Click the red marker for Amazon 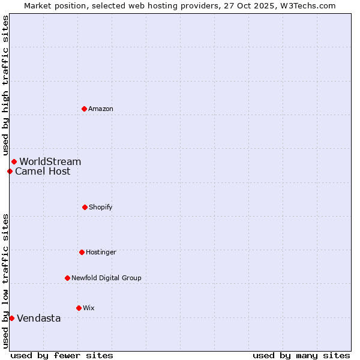[x=84, y=109]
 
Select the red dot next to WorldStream [x=14, y=161]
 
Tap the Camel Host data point [x=10, y=171]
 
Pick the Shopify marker [x=85, y=207]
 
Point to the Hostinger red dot [x=82, y=252]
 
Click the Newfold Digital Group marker [x=67, y=278]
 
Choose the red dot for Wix [x=79, y=308]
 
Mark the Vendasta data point [x=11, y=318]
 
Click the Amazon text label [x=101, y=109]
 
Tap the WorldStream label [x=50, y=161]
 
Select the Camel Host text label [x=43, y=171]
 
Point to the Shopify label [x=101, y=207]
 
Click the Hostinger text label [x=101, y=252]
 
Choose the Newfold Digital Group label [x=106, y=278]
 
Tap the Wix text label [x=89, y=308]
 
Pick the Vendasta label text [x=39, y=318]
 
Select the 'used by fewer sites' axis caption [x=62, y=355]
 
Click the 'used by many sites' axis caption [x=301, y=355]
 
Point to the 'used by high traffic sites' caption [x=5, y=85]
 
